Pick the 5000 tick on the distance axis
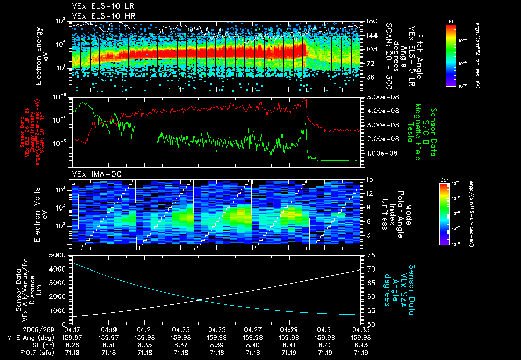pyautogui.click(x=57, y=254)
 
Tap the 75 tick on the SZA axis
pyautogui.click(x=370, y=254)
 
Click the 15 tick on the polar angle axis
pyautogui.click(x=370, y=179)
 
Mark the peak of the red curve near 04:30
pyautogui.click(x=305, y=99)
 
